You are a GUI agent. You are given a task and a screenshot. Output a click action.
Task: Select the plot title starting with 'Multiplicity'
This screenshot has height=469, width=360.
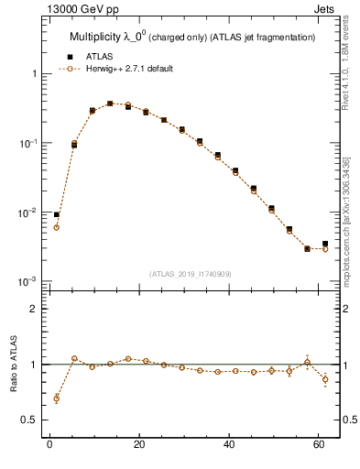192,37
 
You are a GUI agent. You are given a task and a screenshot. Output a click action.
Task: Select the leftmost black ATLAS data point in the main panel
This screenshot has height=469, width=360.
57,214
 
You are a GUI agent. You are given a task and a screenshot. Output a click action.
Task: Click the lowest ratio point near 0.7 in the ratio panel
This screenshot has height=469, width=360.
57,398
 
